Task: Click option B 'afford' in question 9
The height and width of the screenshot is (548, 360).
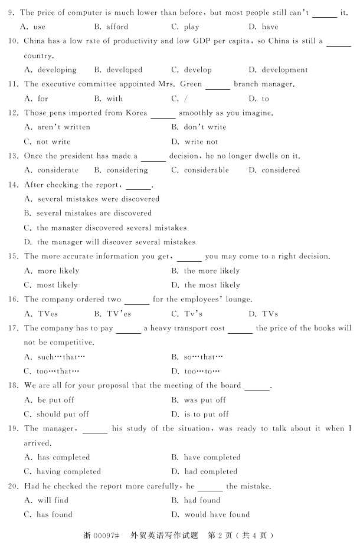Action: click(117, 27)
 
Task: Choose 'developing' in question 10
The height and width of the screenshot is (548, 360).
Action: click(57, 70)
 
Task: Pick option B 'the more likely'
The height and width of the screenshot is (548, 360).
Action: click(212, 271)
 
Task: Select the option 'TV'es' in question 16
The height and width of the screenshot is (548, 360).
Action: click(119, 314)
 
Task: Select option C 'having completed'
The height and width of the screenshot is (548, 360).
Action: click(68, 472)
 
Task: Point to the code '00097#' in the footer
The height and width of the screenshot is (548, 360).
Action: click(106, 536)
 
